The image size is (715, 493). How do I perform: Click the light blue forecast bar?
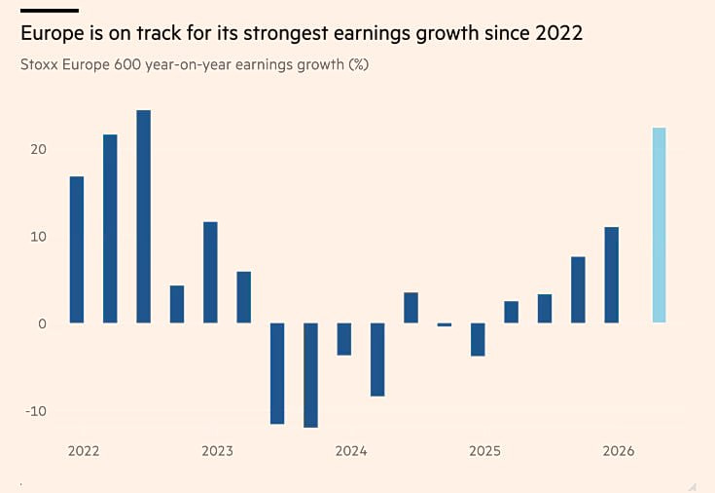(659, 225)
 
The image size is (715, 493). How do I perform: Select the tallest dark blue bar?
(144, 216)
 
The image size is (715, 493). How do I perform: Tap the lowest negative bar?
(311, 375)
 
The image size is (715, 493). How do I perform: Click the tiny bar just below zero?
(445, 324)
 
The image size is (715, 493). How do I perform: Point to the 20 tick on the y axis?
(39, 149)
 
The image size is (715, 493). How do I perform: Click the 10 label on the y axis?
(39, 237)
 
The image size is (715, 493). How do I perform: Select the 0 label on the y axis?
(43, 323)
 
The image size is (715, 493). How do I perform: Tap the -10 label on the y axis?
(36, 411)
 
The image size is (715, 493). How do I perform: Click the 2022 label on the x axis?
(84, 451)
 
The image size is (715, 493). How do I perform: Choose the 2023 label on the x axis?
(217, 451)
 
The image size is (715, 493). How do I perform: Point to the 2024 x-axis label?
(351, 451)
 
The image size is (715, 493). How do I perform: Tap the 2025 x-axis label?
(484, 451)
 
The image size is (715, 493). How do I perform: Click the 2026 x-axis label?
(619, 451)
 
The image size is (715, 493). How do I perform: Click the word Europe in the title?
(52, 34)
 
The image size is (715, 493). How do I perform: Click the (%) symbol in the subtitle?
(358, 65)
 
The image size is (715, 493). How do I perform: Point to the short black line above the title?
(50, 11)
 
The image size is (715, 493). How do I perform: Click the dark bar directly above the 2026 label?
(612, 275)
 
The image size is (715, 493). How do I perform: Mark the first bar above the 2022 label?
(77, 249)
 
